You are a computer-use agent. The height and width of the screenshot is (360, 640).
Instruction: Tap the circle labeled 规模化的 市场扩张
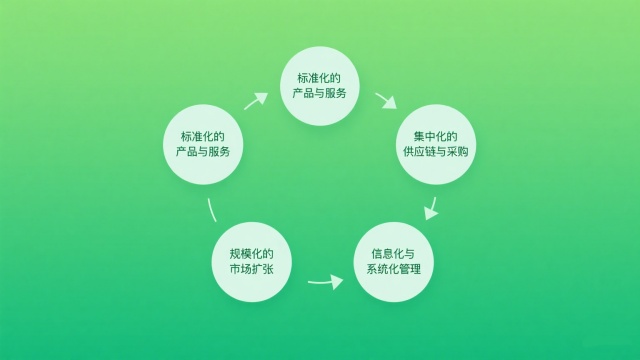252,261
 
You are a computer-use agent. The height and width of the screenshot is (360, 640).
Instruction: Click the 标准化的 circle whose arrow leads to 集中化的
320,85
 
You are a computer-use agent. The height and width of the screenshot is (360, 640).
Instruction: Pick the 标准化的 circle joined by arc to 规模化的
204,144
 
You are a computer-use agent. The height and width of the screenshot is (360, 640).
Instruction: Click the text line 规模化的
252,252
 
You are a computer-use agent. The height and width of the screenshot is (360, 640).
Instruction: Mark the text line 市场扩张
252,270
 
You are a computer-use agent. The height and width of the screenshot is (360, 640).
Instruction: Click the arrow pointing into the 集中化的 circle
386,101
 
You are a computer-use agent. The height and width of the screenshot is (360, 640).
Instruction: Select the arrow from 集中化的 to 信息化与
431,207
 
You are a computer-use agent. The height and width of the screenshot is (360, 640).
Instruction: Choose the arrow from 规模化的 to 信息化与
324,281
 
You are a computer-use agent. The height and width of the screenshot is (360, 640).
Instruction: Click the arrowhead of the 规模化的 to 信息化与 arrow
337,281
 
